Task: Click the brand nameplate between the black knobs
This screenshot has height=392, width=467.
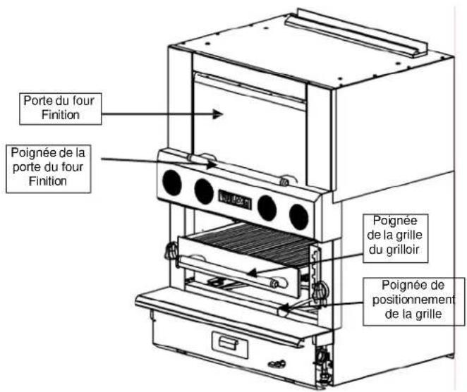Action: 235,197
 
